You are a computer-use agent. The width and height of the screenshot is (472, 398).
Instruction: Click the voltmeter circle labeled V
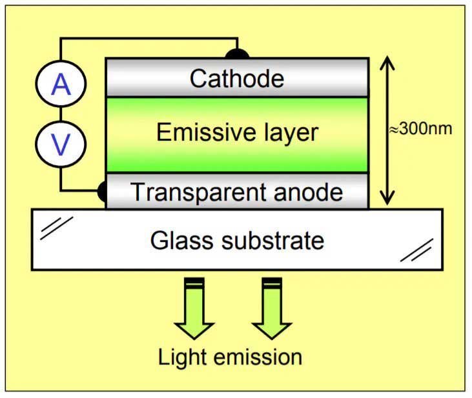(x=61, y=144)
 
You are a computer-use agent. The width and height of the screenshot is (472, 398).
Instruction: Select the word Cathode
(x=237, y=79)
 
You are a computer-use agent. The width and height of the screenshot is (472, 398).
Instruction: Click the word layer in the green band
(x=286, y=133)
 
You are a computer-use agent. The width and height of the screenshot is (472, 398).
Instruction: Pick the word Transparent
(x=192, y=192)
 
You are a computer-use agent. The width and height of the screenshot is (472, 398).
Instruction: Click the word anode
(x=309, y=192)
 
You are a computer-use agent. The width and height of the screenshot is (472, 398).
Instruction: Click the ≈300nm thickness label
(x=420, y=128)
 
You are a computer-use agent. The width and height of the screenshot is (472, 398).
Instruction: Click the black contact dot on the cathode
(x=238, y=54)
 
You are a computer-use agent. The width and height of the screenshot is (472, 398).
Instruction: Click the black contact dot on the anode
(x=102, y=191)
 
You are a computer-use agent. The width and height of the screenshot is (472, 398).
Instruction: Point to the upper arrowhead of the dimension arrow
(x=387, y=63)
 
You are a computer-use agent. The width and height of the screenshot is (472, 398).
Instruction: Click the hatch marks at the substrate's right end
(x=416, y=251)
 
